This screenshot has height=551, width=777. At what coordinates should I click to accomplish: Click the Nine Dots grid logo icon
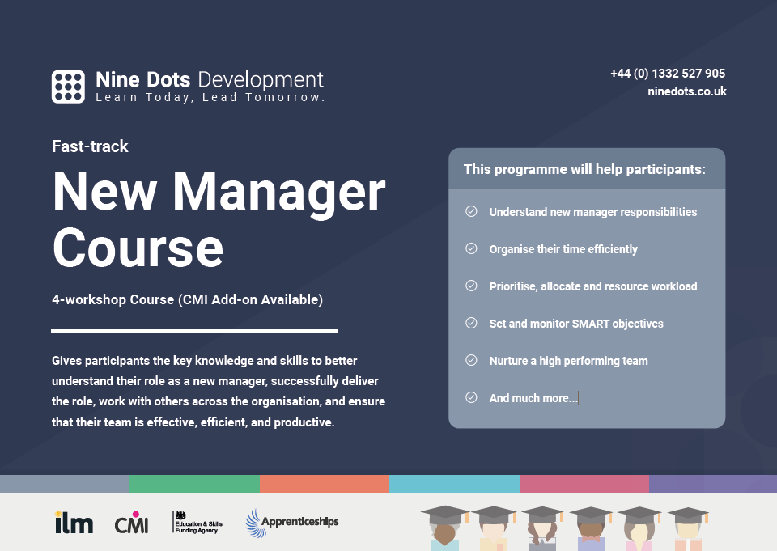click(68, 87)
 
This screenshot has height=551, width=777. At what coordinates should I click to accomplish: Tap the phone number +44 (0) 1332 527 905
click(668, 74)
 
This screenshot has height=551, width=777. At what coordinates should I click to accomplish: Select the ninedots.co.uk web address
click(687, 91)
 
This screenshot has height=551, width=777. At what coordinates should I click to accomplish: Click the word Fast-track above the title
click(90, 146)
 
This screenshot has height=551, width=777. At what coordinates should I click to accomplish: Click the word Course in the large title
click(138, 248)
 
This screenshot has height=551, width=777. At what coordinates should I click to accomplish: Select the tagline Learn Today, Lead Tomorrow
click(210, 97)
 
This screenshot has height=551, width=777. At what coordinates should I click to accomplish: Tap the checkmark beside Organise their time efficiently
click(471, 248)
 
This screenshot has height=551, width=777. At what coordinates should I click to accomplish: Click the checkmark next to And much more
click(471, 397)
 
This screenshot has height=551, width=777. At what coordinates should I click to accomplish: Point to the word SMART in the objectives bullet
click(591, 324)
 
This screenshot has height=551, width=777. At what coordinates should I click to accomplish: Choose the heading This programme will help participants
click(584, 169)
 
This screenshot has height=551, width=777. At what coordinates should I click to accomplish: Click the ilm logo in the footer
click(74, 522)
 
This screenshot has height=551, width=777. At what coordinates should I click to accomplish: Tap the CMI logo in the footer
click(131, 522)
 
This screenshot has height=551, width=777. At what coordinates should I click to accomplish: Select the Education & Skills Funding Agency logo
click(197, 522)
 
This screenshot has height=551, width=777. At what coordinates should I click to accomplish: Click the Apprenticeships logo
click(292, 523)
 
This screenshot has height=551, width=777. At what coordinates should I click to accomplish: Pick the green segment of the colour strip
click(194, 484)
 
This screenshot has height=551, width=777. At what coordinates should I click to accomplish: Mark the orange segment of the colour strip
click(325, 484)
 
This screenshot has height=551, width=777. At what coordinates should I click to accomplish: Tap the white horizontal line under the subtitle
click(195, 330)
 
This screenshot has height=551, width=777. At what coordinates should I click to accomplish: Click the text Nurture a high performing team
click(568, 361)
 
